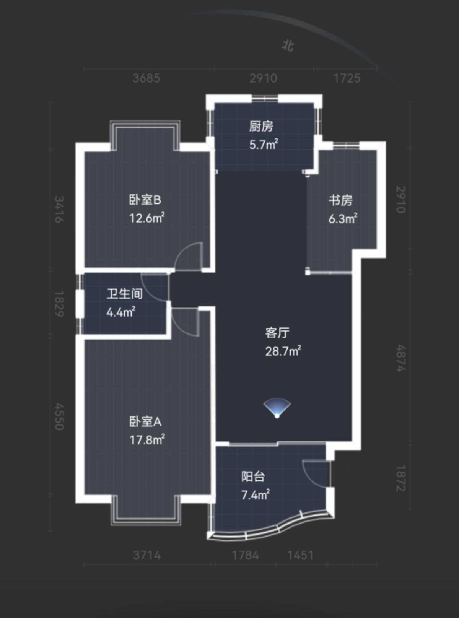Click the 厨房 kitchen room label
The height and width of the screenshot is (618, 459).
click(x=261, y=127)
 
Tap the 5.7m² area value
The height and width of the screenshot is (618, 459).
click(x=264, y=145)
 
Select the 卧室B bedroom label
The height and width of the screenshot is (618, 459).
click(x=145, y=200)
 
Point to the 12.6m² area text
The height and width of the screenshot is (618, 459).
click(x=147, y=218)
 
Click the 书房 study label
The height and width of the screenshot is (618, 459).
click(x=340, y=201)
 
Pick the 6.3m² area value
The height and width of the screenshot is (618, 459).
click(x=343, y=219)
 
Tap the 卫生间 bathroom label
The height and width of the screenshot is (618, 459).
click(x=125, y=294)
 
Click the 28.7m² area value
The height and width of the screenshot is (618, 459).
click(x=283, y=351)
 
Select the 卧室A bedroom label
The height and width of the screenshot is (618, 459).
click(x=145, y=422)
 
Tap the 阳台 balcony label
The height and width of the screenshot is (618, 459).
click(x=253, y=477)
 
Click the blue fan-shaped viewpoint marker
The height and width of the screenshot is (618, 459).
click(x=277, y=408)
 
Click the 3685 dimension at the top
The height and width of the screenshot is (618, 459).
click(x=146, y=78)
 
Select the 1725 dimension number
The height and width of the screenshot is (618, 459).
click(x=347, y=78)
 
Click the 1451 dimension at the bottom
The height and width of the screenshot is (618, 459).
click(x=300, y=555)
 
